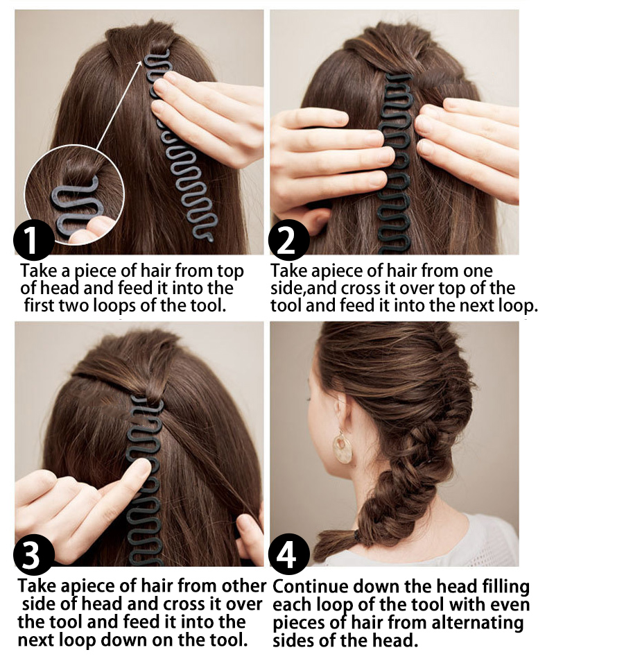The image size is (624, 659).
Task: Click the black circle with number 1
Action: (33, 239)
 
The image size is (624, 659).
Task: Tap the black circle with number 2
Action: (288, 239)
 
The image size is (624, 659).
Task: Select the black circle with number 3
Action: (33, 554)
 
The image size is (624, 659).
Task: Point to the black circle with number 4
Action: (288, 554)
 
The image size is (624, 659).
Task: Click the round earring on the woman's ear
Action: (343, 448)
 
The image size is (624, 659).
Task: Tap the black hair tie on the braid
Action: (357, 536)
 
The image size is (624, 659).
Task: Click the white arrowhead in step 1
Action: (140, 63)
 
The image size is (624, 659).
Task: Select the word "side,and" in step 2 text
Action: (304, 289)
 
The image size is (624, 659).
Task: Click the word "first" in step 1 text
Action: (39, 305)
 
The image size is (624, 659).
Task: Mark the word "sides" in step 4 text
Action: (293, 641)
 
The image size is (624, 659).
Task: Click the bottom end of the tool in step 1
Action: (208, 238)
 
